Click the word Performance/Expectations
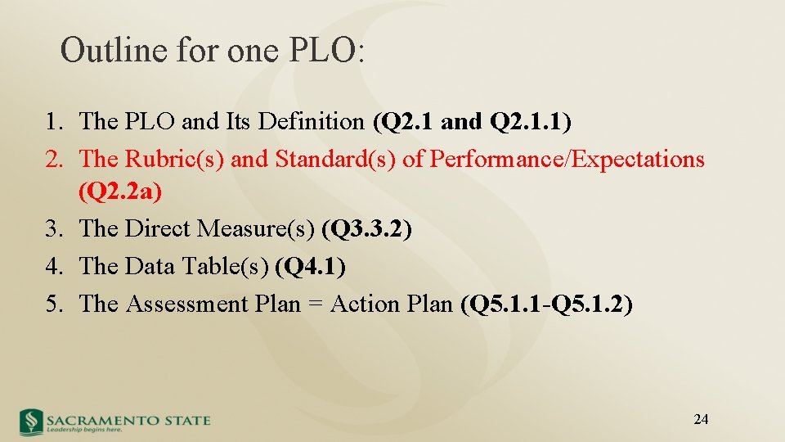pyautogui.click(x=567, y=159)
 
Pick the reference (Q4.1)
pyautogui.click(x=311, y=266)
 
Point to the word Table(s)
pyautogui.click(x=230, y=266)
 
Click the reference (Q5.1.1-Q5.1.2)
pyautogui.click(x=546, y=304)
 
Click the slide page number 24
pyautogui.click(x=701, y=420)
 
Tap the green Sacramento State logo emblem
pyautogui.click(x=31, y=421)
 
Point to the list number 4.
pyautogui.click(x=53, y=266)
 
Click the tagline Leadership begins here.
pyautogui.click(x=85, y=429)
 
